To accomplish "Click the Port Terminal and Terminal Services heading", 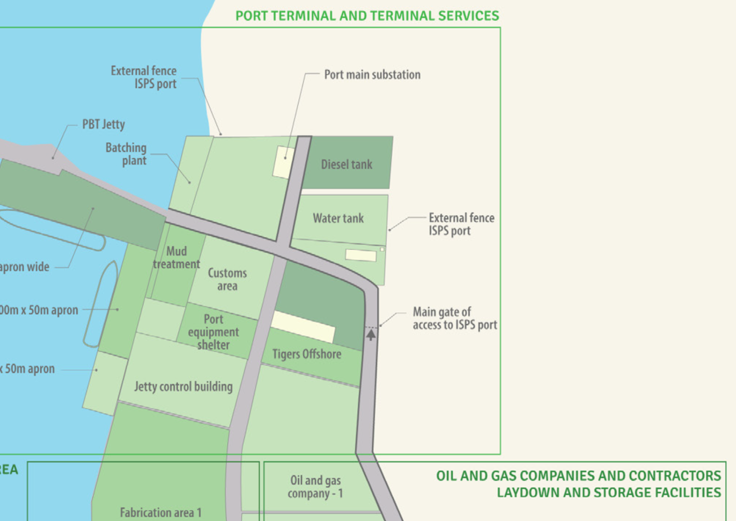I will click(x=367, y=16).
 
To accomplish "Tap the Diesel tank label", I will click(x=346, y=164).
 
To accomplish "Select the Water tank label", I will click(x=338, y=218).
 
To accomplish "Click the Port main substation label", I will click(x=372, y=75).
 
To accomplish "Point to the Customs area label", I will click(x=227, y=279).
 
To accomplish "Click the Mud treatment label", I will click(x=176, y=258).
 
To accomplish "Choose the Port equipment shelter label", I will click(x=213, y=332).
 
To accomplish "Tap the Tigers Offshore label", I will click(x=307, y=354).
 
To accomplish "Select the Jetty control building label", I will click(x=183, y=386).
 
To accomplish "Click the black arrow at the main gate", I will click(x=371, y=334).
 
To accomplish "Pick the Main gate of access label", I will click(x=455, y=318).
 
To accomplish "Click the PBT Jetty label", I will click(x=103, y=125).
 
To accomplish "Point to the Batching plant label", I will click(x=126, y=154).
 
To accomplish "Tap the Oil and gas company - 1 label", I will click(x=315, y=487).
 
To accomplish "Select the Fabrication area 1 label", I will click(x=161, y=512).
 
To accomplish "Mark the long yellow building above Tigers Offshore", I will click(x=303, y=327).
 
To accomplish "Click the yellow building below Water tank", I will click(x=361, y=255).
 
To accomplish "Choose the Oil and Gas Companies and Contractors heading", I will click(x=578, y=484).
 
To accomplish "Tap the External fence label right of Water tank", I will click(x=461, y=224).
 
